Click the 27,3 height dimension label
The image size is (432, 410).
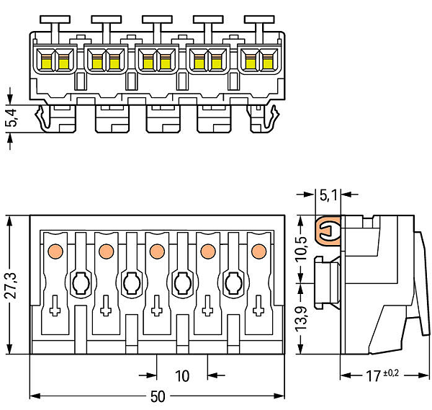point(11,285)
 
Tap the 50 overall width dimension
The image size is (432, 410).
point(158,397)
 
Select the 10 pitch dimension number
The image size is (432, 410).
point(182,376)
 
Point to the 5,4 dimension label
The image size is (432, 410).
point(11,117)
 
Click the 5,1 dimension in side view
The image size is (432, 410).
point(328,195)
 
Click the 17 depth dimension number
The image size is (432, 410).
point(373,376)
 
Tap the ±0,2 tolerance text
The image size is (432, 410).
point(391,373)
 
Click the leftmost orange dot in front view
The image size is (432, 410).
point(55,251)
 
